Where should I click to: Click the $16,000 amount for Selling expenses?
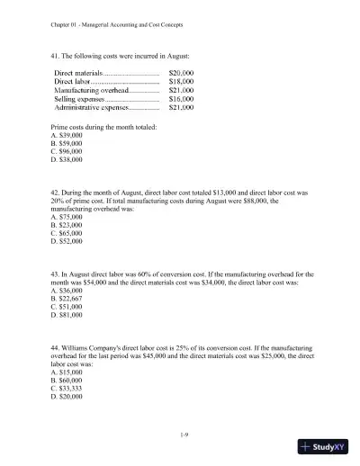coord(181,98)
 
